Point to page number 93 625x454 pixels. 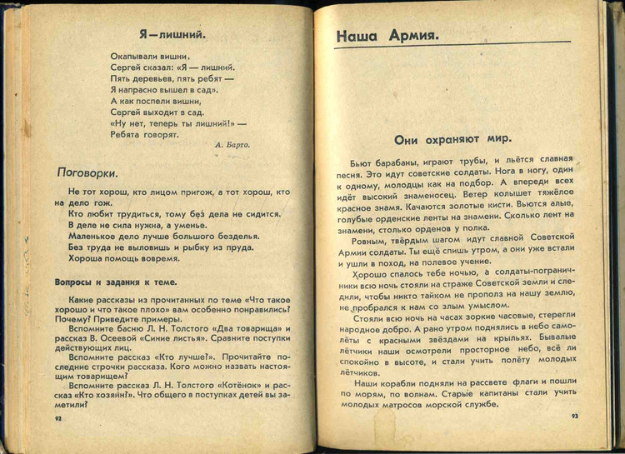coord(574,416)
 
